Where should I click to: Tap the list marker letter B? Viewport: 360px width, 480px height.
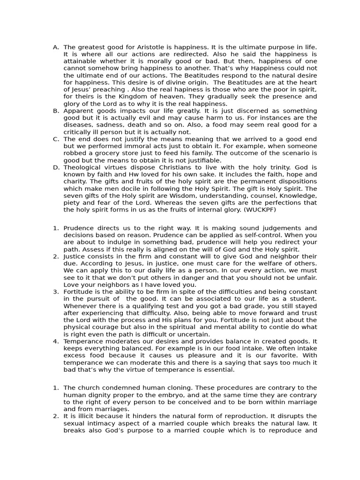pos(56,111)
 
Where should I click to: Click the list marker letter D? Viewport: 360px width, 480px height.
pos(56,167)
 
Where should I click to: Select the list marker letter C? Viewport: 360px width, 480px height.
pos(56,139)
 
